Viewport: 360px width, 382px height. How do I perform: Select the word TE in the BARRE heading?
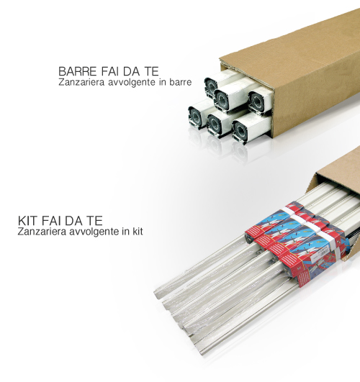coord(151,71)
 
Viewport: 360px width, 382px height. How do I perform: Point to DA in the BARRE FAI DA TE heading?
coord(131,71)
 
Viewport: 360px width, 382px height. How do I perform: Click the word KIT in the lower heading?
coord(28,221)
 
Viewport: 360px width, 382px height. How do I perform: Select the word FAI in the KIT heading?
coord(51,221)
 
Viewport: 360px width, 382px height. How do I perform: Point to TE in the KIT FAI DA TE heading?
coord(95,221)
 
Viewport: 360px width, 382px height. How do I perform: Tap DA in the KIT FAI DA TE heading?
coord(74,221)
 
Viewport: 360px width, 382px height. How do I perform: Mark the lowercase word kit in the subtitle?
coord(138,231)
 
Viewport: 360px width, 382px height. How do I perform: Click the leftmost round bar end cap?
coord(195,117)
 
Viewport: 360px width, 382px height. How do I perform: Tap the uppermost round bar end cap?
coord(211,86)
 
